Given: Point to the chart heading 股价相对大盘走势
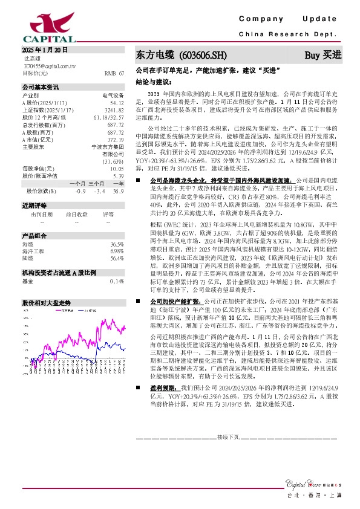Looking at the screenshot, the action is click(x=47, y=301).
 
